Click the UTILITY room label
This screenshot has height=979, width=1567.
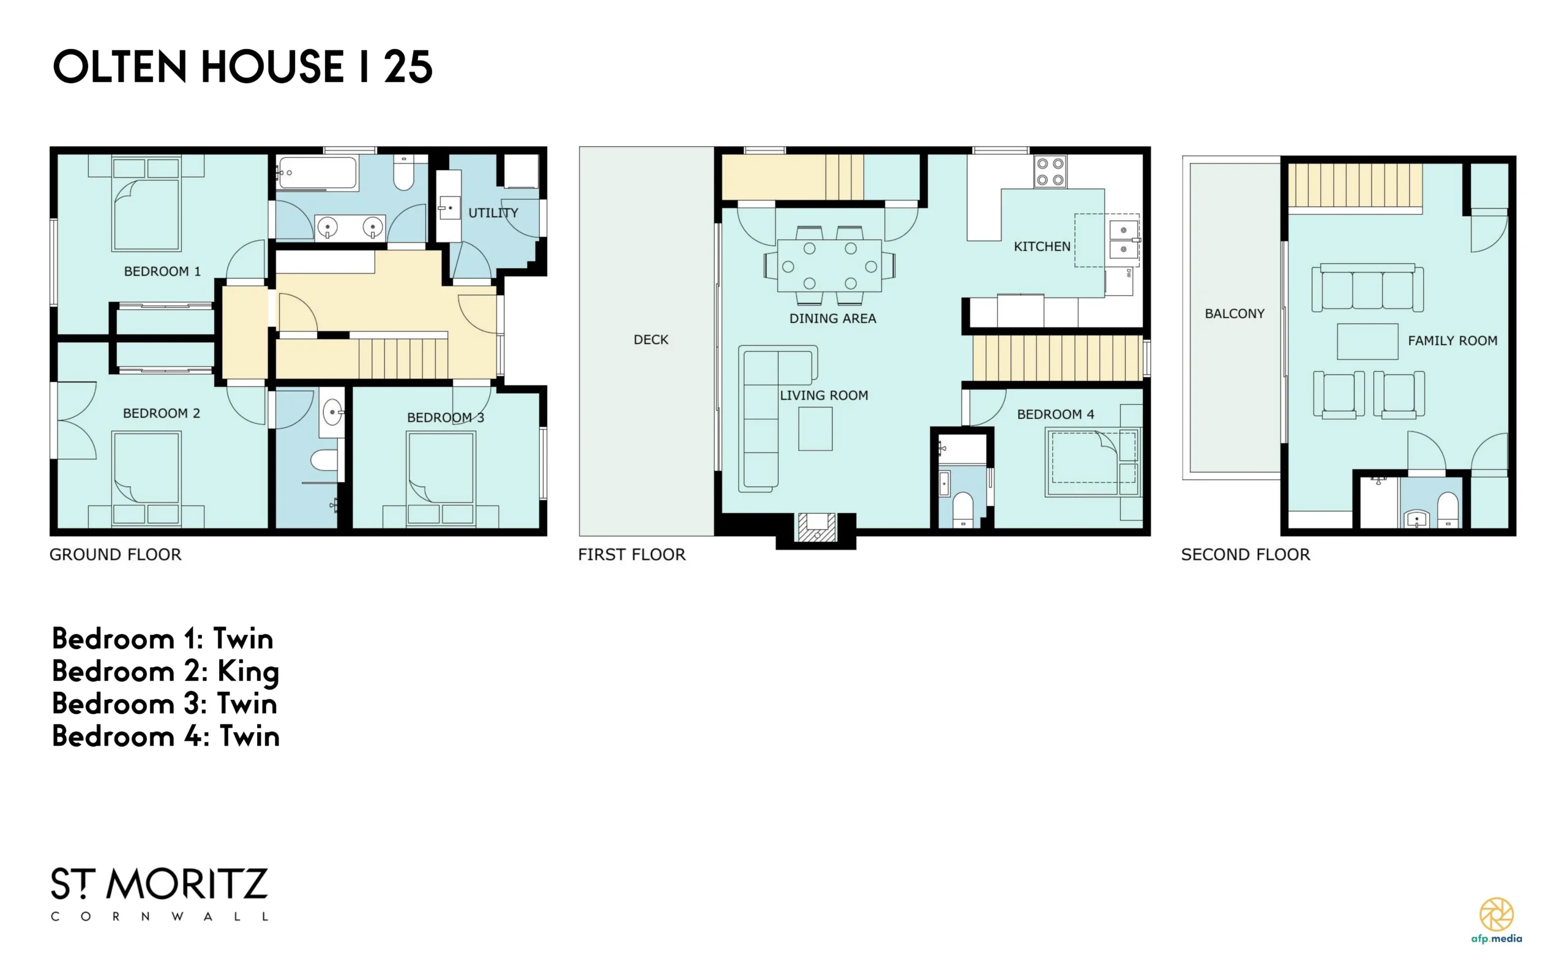pyautogui.click(x=493, y=212)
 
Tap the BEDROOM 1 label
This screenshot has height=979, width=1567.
pyautogui.click(x=162, y=271)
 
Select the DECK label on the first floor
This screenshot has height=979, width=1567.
pyautogui.click(x=651, y=339)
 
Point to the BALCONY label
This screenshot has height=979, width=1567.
pyautogui.click(x=1234, y=313)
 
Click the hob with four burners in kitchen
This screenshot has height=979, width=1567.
pyautogui.click(x=1050, y=171)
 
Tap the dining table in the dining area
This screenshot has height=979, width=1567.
pyautogui.click(x=829, y=266)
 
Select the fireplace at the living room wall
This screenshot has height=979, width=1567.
pyautogui.click(x=816, y=527)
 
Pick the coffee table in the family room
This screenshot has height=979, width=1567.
pyautogui.click(x=1367, y=341)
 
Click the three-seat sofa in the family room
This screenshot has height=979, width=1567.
pyautogui.click(x=1367, y=288)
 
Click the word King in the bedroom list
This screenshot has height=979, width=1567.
pyautogui.click(x=248, y=672)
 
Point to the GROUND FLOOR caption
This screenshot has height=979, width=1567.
pyautogui.click(x=116, y=554)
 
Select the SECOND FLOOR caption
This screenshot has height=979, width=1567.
pyautogui.click(x=1245, y=554)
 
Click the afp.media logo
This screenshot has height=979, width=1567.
pyautogui.click(x=1497, y=920)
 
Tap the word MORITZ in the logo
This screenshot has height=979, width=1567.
pyautogui.click(x=187, y=885)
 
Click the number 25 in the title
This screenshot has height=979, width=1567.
pyautogui.click(x=408, y=67)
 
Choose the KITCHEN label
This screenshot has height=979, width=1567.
pyautogui.click(x=1042, y=247)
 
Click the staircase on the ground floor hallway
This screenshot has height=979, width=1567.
pyautogui.click(x=403, y=358)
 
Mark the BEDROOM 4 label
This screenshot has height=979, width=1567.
pyautogui.click(x=1056, y=414)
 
